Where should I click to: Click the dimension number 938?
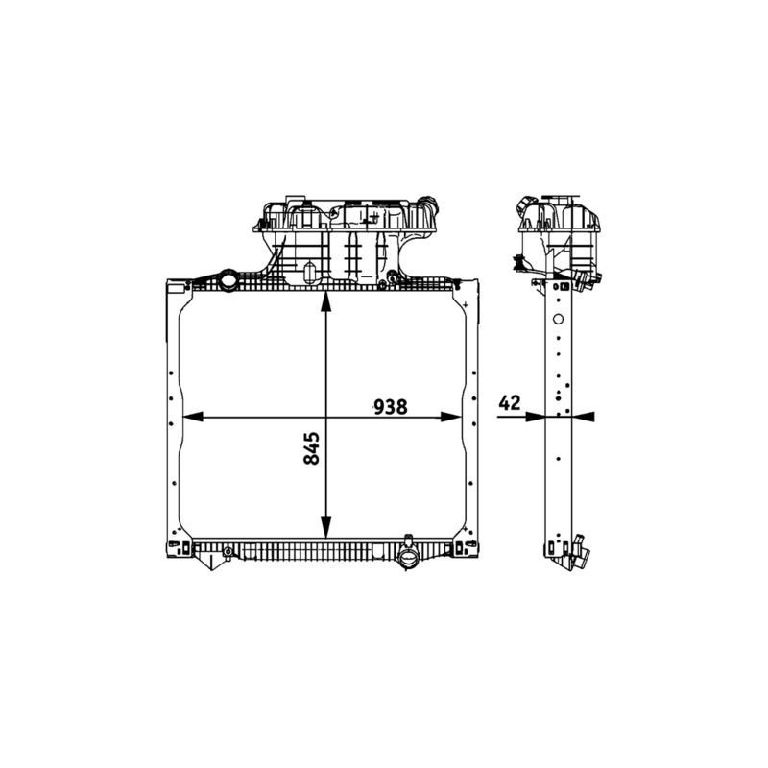(x=391, y=406)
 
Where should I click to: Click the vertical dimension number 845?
(x=311, y=447)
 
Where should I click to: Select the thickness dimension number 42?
(x=510, y=402)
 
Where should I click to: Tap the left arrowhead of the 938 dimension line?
(x=193, y=417)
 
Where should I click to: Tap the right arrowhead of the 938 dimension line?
(x=450, y=417)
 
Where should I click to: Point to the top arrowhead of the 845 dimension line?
(x=325, y=301)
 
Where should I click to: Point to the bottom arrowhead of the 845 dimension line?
(x=325, y=527)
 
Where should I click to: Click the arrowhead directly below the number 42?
(x=535, y=417)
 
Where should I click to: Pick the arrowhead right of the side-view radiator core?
(x=584, y=417)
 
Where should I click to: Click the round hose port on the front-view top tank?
(x=228, y=280)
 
